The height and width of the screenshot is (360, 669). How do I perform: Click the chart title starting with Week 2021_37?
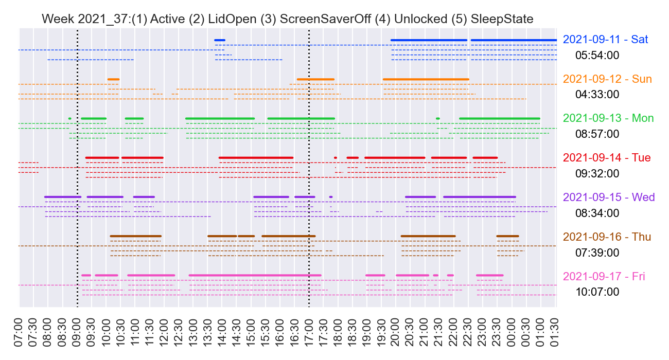tap(287, 19)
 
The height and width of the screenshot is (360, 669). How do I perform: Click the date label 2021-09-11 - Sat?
tap(606, 40)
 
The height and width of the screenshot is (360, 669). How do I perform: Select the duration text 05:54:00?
tap(597, 55)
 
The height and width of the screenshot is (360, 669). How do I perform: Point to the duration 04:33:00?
tap(597, 95)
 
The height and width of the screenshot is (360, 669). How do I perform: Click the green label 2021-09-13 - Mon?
tap(608, 118)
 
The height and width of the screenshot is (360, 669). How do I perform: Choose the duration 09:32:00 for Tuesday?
tap(597, 173)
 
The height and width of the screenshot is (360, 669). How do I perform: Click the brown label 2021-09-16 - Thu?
tap(607, 237)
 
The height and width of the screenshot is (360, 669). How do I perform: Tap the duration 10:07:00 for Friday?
tap(597, 292)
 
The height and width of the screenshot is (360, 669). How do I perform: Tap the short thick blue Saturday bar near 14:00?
tap(220, 40)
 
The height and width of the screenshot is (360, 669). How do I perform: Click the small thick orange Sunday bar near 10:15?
tap(113, 79)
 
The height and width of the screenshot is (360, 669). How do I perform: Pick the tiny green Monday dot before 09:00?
tap(69, 119)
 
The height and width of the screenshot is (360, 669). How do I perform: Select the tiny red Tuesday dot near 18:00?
tap(336, 157)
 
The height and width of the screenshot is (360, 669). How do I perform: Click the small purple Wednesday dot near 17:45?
tap(331, 197)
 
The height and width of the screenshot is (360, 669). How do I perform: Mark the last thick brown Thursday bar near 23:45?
tap(507, 236)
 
